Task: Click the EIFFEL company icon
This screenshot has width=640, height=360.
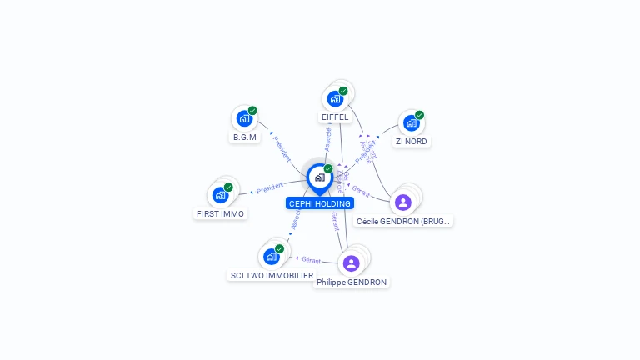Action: click(x=335, y=99)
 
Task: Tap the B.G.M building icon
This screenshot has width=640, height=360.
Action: click(x=244, y=118)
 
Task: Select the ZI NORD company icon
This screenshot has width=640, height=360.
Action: click(x=411, y=122)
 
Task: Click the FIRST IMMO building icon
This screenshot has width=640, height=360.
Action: click(x=220, y=195)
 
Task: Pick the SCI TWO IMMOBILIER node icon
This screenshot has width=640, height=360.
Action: click(x=271, y=257)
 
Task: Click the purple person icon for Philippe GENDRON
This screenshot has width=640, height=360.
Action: click(x=351, y=263)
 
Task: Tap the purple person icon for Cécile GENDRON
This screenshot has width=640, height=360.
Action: click(x=403, y=202)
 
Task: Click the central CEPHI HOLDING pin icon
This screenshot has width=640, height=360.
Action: click(x=320, y=177)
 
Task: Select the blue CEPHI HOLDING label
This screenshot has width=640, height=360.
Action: click(x=320, y=203)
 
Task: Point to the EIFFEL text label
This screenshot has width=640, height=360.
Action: click(x=335, y=117)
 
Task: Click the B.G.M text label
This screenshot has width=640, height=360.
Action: click(x=245, y=137)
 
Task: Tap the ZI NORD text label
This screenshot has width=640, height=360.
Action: click(x=411, y=142)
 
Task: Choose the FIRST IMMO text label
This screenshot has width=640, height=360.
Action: click(x=220, y=213)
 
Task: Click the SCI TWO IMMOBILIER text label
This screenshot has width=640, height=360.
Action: click(x=272, y=275)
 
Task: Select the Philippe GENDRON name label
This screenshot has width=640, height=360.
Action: click(x=352, y=282)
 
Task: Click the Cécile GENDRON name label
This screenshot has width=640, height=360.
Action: click(x=404, y=222)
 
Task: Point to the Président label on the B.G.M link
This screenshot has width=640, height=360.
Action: click(x=282, y=148)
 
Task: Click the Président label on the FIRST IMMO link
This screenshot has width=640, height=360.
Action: click(x=270, y=189)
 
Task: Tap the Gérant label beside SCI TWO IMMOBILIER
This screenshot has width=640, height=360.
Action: click(x=311, y=260)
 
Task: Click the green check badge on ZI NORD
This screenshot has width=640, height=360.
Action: click(x=419, y=115)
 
